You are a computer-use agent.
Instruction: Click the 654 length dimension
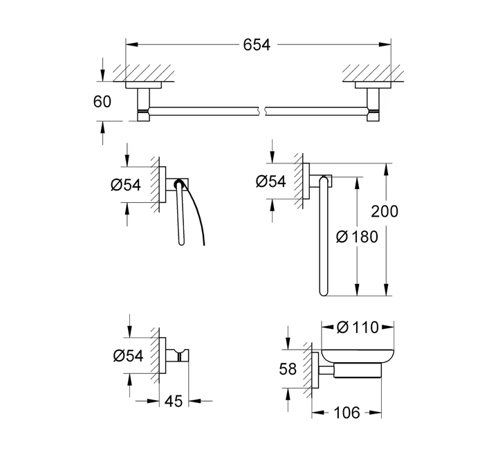(x=257, y=45)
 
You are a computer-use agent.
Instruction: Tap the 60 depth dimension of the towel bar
(x=102, y=102)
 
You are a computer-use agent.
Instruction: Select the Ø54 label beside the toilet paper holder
(x=126, y=185)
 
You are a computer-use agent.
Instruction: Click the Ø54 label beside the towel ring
(x=271, y=181)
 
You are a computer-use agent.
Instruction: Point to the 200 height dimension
(x=385, y=211)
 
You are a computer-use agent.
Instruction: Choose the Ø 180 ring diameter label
(x=357, y=237)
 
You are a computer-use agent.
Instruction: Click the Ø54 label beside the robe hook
(x=129, y=355)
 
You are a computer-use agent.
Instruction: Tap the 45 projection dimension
(x=174, y=402)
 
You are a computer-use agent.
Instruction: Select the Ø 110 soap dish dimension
(x=358, y=328)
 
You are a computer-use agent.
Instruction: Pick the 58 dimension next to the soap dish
(x=288, y=369)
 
